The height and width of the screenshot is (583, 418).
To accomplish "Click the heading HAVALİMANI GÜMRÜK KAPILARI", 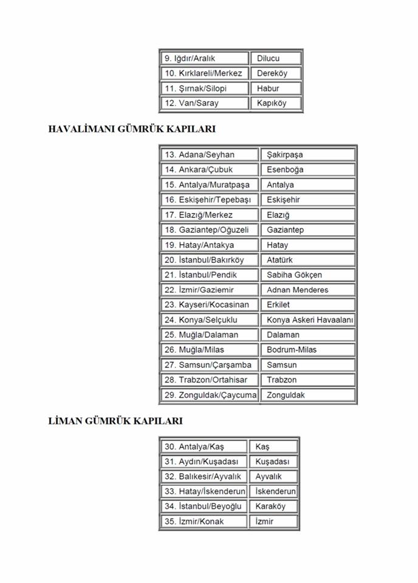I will coord(131,129).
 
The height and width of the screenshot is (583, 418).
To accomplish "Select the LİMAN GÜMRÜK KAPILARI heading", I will coord(115,421).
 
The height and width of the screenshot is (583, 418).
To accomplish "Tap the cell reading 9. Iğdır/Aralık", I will coord(204,58).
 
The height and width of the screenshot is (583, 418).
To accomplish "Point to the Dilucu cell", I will coord(276,58).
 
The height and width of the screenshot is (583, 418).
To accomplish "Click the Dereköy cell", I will coord(276,73).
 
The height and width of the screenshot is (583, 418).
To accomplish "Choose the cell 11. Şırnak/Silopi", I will coord(204,88).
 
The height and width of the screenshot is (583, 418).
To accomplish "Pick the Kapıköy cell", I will coord(276,103).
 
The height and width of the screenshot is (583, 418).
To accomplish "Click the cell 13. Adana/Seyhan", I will coord(209,155).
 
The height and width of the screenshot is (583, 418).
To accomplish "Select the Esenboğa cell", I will coord(308,169).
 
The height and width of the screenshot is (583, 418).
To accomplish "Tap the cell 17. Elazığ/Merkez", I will coord(209,215).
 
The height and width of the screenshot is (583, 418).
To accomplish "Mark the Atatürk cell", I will coord(308,260).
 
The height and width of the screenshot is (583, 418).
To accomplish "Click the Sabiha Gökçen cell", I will coord(308,275).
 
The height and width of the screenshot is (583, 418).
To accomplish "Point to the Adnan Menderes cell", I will coord(308,290).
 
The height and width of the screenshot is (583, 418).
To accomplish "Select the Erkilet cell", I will coord(308,305).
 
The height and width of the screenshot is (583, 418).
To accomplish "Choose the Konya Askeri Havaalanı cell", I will coord(308,320).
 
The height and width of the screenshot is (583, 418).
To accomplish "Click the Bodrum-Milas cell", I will coord(308,350).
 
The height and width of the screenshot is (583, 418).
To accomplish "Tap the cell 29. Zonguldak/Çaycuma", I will coord(209,395).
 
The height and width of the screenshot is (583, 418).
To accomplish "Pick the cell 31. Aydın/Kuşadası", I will coord(204,462).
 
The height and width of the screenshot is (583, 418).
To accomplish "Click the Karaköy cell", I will coord(273,506).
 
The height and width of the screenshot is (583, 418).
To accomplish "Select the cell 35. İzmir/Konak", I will coord(204,522).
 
